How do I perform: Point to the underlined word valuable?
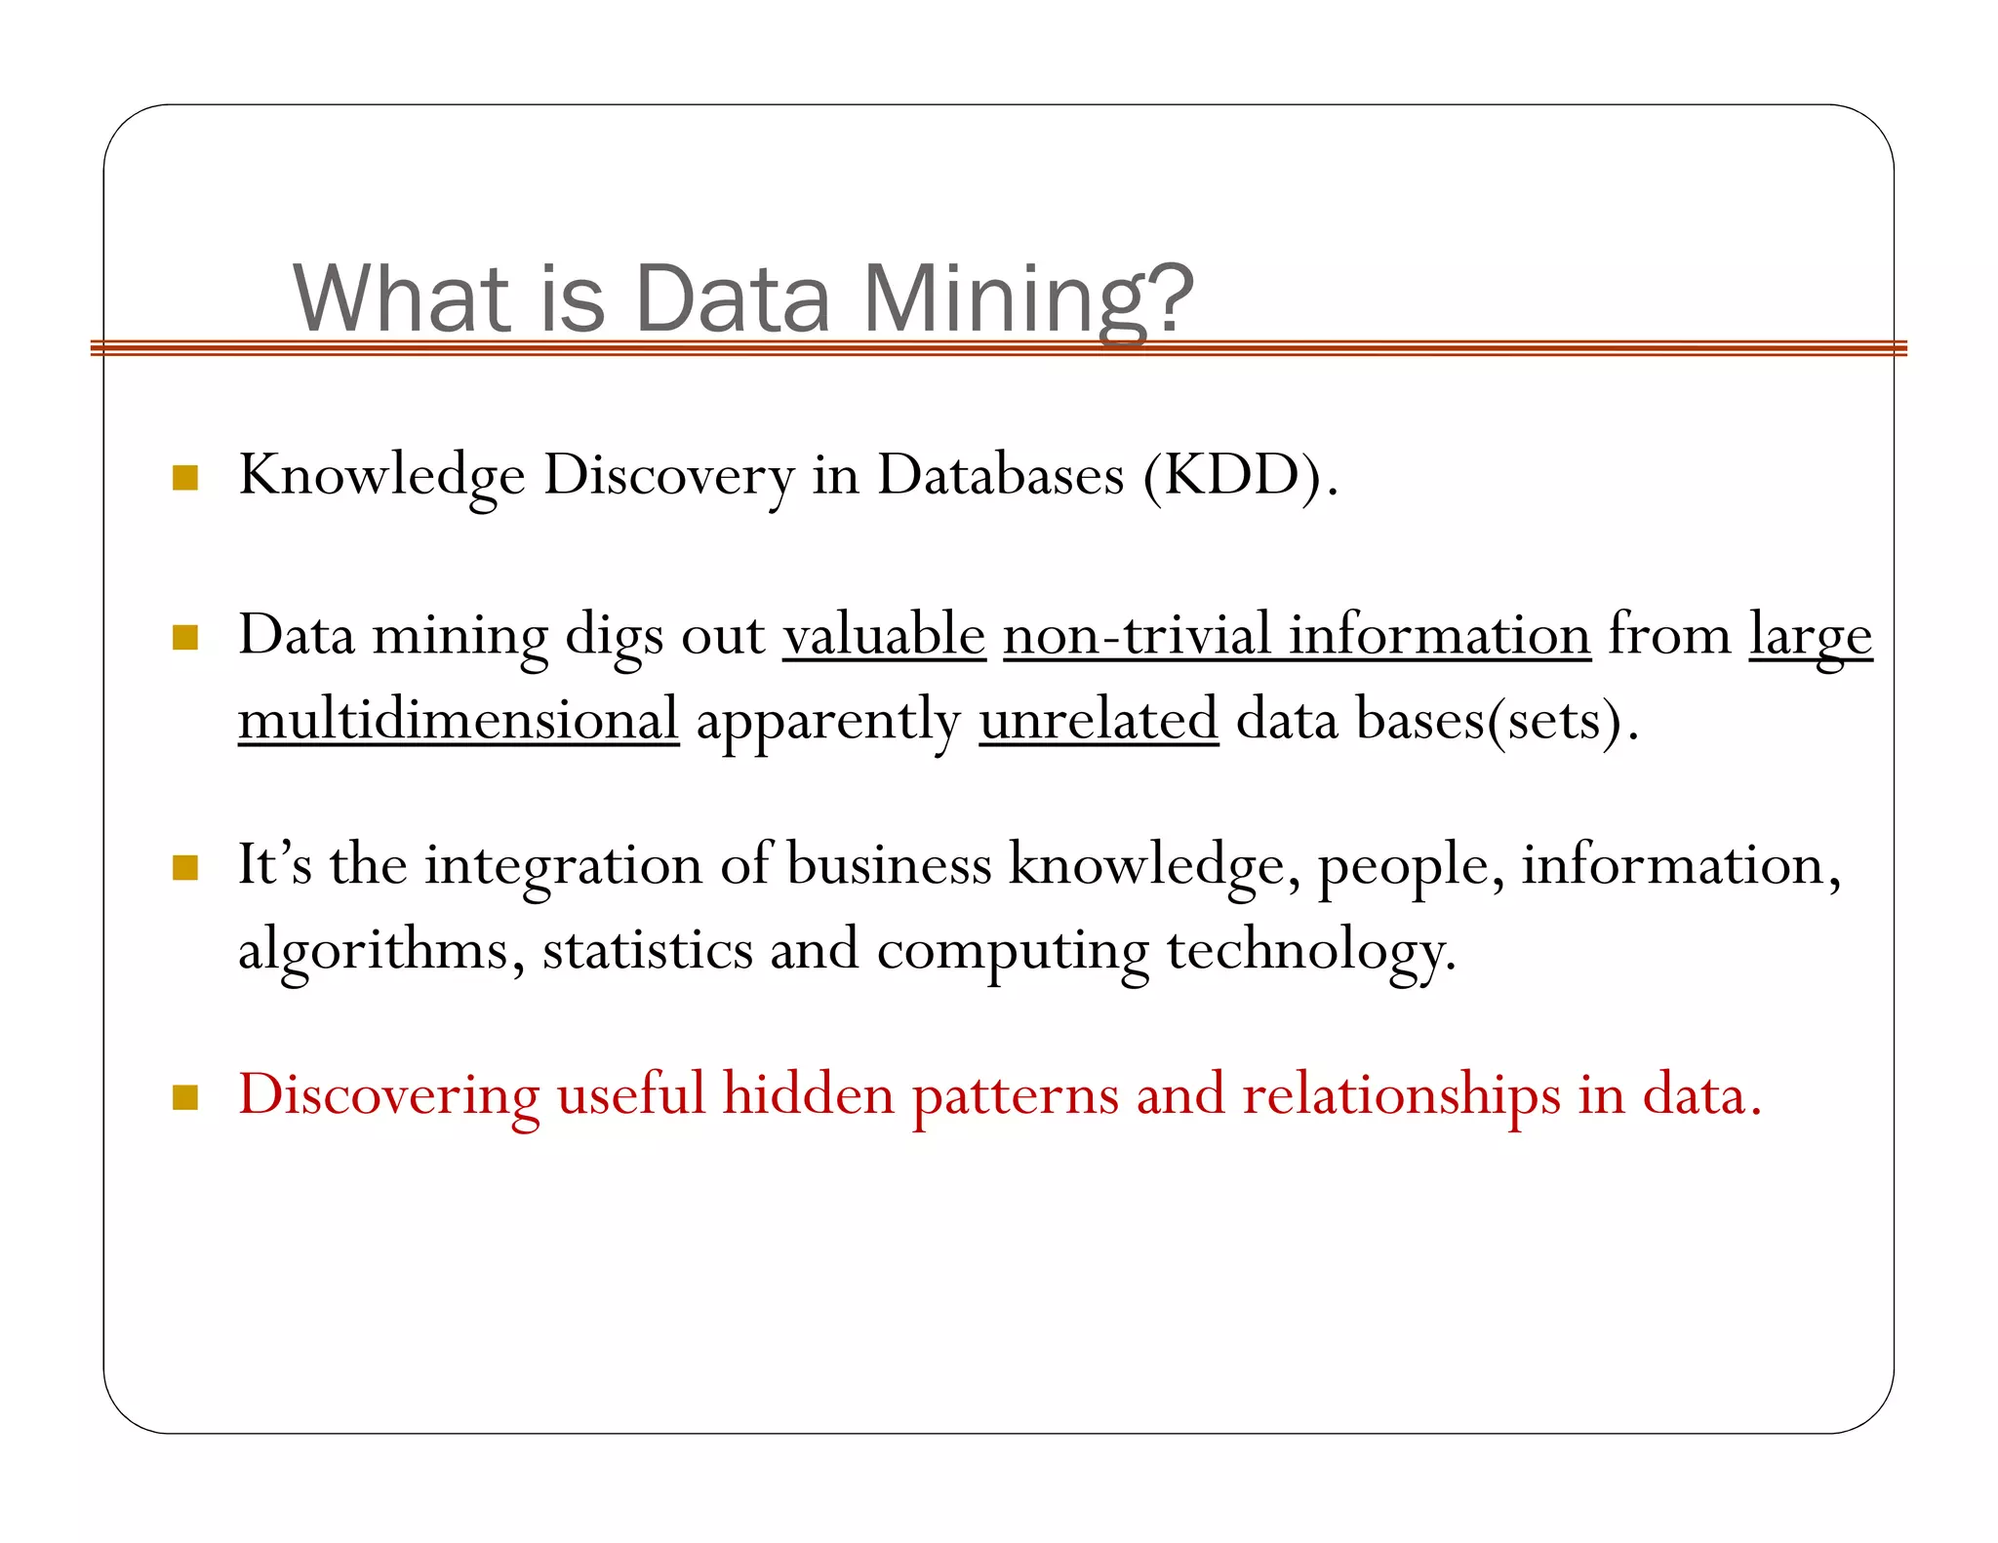(884, 635)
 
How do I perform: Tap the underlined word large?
(1810, 637)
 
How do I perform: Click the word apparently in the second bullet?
(828, 722)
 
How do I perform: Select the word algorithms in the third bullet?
(374, 950)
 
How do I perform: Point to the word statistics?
(648, 950)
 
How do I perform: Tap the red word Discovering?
(388, 1095)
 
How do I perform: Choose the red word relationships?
(1401, 1095)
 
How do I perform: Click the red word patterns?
(1015, 1095)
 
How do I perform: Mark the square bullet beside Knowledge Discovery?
(185, 477)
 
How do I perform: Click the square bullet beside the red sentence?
(185, 1097)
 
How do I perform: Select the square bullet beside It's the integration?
(185, 867)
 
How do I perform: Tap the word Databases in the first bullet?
(1000, 476)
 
